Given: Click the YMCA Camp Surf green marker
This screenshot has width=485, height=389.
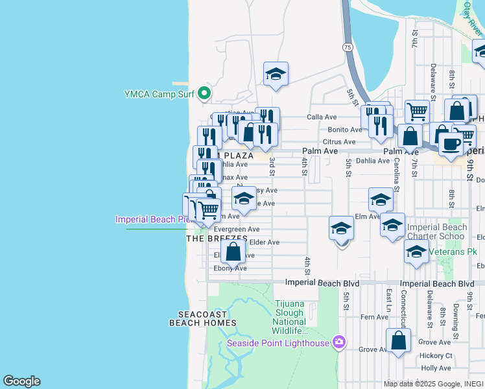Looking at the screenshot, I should point(204,94).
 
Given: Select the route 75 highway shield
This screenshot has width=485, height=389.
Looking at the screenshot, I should point(348,47).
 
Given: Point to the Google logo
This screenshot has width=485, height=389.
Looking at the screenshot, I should point(21,381).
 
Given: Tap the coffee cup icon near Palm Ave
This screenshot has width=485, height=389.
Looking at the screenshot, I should point(451,144).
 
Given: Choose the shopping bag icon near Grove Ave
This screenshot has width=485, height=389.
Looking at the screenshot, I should point(398,340).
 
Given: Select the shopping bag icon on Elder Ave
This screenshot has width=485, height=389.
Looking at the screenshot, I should point(233,252).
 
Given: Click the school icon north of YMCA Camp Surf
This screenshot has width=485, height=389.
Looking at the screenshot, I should point(276,74).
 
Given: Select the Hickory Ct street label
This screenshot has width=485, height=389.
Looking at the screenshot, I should point(436,355).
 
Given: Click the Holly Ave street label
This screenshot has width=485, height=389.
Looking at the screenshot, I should point(435,368).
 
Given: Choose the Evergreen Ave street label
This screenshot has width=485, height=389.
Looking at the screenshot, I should point(237,230).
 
